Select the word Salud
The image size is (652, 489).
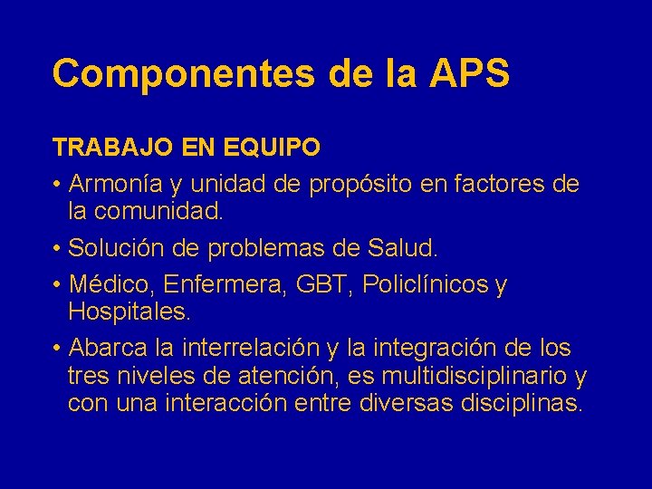pos(403,247)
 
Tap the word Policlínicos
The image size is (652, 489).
pos(425,284)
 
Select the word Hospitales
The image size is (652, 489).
pos(129,312)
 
